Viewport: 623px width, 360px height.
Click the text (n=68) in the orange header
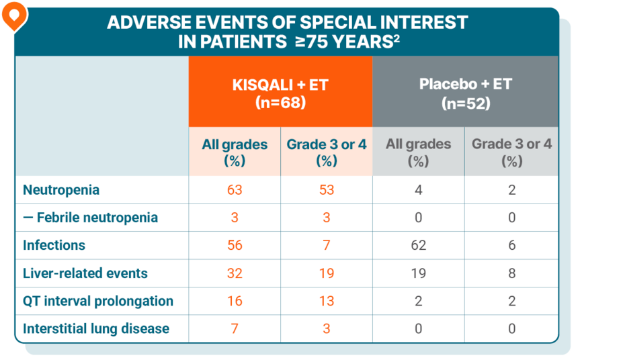tap(280, 103)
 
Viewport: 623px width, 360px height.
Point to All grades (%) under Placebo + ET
tap(418, 152)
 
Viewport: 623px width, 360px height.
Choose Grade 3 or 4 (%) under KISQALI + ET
tap(327, 152)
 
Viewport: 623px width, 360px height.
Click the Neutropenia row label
tap(61, 190)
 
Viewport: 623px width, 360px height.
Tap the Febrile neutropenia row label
tap(91, 218)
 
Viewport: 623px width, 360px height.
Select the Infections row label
tap(54, 245)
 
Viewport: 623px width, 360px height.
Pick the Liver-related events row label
tap(85, 273)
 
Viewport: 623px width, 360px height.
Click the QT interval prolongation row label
tap(98, 301)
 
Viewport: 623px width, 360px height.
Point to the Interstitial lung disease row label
tap(96, 329)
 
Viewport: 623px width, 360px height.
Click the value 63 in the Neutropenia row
tap(235, 190)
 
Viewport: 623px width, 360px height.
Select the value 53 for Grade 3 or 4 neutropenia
tap(327, 190)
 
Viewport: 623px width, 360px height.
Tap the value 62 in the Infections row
tap(418, 246)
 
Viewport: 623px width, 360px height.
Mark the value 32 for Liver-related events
tap(235, 273)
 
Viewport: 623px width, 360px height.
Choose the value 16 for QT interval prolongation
tap(235, 301)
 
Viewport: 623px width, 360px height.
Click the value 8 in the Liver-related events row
tap(511, 273)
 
